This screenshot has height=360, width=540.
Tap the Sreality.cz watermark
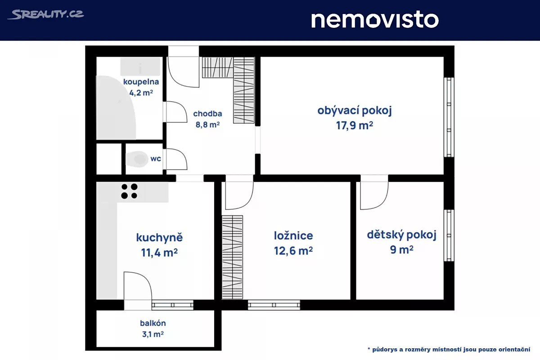coord(46,14)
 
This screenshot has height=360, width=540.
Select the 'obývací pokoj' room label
coord(355,111)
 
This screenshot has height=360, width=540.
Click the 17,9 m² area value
coord(355,126)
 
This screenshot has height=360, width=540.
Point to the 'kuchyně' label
coord(159,238)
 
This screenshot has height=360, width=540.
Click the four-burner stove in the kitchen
coord(129,191)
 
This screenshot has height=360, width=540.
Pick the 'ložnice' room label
coord(293,236)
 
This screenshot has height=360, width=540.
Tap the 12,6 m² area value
coord(293,251)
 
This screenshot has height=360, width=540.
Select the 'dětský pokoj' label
coord(401,235)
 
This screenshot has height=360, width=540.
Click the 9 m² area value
coord(401,250)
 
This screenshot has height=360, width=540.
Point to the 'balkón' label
coord(153,323)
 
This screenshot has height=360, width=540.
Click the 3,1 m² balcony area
coord(153,334)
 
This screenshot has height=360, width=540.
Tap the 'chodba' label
coord(207,113)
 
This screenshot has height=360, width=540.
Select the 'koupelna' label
coord(141,82)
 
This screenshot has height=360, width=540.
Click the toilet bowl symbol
coord(137,159)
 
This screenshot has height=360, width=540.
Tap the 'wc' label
coord(156,159)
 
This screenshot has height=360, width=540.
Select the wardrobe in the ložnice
coord(232,257)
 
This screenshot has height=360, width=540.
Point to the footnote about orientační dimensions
coord(449,349)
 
